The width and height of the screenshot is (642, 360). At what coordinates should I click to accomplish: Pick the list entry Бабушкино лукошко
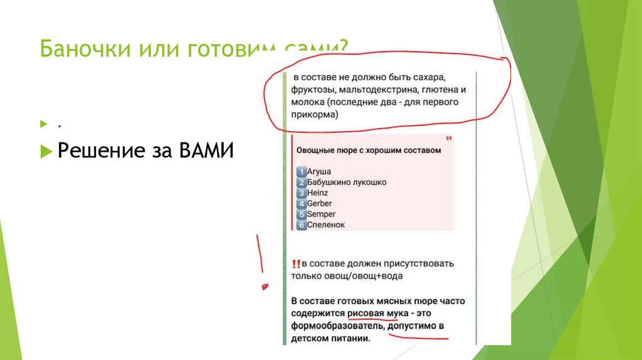346,182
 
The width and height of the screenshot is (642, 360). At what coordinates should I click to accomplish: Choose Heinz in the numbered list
317,193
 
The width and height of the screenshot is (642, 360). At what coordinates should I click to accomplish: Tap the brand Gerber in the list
319,203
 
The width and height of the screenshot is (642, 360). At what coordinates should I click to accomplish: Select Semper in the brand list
321,214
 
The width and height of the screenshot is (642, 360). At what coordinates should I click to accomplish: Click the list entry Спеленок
325,225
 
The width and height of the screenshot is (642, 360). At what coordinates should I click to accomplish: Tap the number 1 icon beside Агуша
301,171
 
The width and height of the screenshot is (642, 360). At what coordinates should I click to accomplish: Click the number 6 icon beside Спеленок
301,225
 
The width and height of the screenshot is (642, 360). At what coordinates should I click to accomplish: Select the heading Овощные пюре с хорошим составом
369,151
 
